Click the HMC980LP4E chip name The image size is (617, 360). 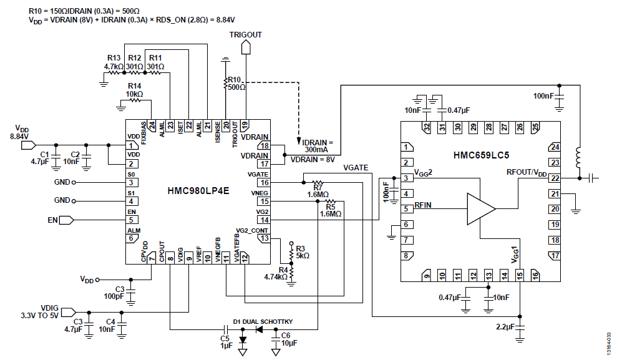198,191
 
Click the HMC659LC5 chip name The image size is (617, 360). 481,155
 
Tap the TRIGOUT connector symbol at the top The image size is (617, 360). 246,47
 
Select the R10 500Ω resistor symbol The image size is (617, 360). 225,84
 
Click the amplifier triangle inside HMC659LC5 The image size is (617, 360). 481,209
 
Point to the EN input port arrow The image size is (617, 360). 67,220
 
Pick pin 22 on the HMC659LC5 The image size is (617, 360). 555,178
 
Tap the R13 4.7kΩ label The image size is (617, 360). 114,62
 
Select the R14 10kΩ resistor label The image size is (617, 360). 134,90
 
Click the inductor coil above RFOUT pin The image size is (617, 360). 579,157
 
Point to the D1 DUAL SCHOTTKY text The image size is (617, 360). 263,321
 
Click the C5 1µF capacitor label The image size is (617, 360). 225,342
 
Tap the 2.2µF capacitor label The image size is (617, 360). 505,326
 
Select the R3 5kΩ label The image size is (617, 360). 302,252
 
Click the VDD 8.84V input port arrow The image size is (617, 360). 28,145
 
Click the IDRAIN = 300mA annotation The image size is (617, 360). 317,145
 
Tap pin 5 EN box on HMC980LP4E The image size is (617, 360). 132,220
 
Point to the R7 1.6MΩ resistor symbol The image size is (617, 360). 318,183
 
